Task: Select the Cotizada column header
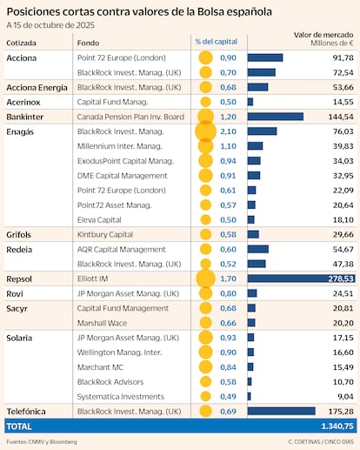[x=23, y=41]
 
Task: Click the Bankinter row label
[x=25, y=116]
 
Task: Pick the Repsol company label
[x=21, y=279]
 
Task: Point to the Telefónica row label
[x=28, y=410]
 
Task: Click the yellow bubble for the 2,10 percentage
[x=205, y=131]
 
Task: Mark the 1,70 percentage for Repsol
[x=228, y=279]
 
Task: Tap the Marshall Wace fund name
[x=103, y=322]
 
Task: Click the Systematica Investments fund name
[x=123, y=395]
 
